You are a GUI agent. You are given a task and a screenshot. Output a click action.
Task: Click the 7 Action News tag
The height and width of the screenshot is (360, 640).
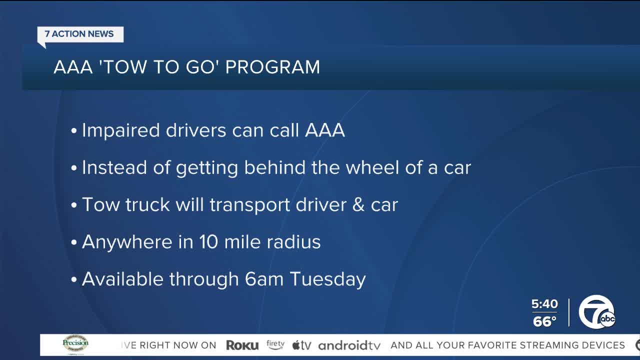point(80,35)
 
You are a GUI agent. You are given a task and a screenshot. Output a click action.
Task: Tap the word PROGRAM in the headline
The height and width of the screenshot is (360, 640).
point(272,67)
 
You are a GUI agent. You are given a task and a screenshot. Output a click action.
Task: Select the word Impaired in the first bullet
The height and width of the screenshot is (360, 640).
point(120,131)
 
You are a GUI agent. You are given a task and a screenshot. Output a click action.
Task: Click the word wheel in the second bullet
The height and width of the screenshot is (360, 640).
point(372,167)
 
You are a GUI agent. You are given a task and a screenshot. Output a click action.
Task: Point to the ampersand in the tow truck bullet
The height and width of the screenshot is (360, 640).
point(358,204)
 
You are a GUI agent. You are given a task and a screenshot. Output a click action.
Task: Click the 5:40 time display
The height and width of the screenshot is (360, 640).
point(544,303)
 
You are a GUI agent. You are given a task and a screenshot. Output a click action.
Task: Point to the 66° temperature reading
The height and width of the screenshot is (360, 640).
point(544,321)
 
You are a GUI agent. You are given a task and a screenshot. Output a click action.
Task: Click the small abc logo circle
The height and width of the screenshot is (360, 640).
point(607,318)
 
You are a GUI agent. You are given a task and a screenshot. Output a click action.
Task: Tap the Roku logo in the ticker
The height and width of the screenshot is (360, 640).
point(242,345)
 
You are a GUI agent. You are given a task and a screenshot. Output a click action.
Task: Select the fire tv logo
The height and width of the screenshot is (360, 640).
point(275,344)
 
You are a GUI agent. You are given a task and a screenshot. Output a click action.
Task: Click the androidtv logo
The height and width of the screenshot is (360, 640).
point(349,345)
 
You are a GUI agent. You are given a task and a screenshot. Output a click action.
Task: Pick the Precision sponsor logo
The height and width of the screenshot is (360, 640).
point(75,343)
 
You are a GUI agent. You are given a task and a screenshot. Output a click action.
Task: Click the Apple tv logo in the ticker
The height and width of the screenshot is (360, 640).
point(301,345)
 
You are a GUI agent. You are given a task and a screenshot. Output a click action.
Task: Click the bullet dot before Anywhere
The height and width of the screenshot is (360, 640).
point(74,242)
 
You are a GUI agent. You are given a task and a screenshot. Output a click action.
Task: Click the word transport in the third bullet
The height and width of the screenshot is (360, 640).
point(250,205)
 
